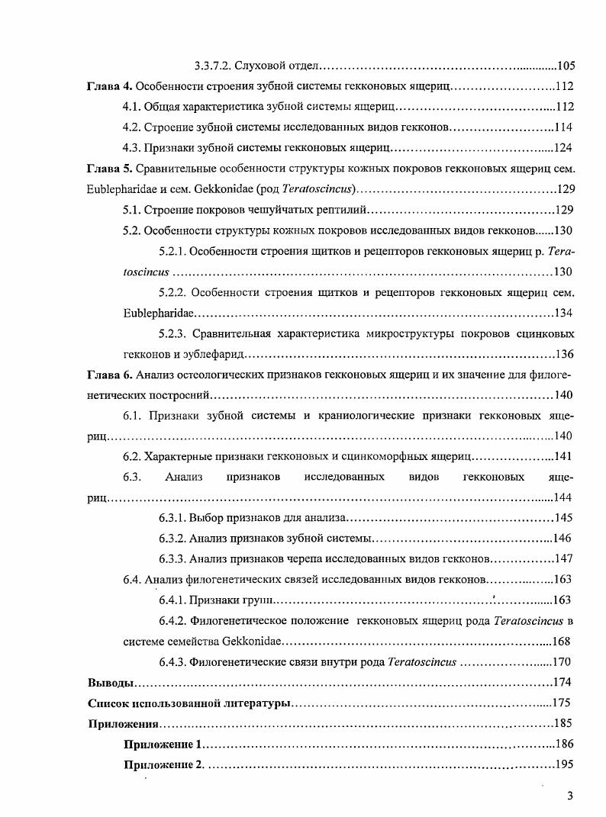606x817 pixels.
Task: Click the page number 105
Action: click(566, 66)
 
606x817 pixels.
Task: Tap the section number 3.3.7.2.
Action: click(214, 66)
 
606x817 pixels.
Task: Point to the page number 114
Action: click(563, 127)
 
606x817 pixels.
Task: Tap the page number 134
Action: click(563, 313)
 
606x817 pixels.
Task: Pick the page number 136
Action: click(563, 354)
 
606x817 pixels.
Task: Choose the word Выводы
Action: click(111, 682)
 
